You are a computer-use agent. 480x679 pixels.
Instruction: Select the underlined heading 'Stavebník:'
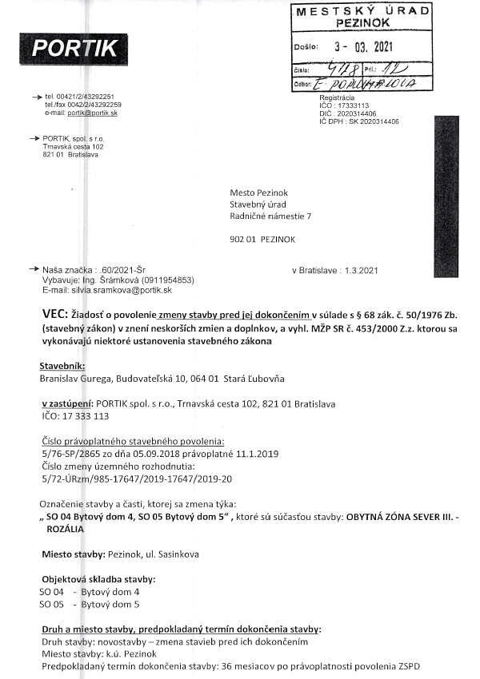coord(60,365)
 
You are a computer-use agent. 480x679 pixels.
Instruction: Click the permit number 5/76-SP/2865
coord(74,454)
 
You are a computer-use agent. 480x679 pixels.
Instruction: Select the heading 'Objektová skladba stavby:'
coord(98,578)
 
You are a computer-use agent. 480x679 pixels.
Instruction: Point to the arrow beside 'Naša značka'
coord(33,269)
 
